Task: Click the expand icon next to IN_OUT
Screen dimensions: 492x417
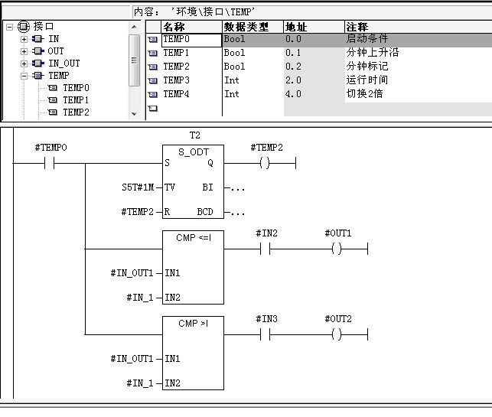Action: coord(24,64)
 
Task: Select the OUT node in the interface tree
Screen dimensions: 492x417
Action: coord(56,51)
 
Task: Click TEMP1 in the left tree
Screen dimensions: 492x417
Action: coord(76,100)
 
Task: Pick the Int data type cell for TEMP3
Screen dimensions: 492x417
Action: coord(232,80)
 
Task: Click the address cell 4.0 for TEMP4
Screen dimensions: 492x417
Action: coord(293,94)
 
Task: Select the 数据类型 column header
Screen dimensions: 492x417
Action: coord(246,27)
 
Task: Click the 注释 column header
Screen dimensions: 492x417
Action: coord(357,27)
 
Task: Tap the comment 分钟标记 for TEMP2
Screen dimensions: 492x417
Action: coord(367,67)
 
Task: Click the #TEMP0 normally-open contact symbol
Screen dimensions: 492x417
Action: coord(49,163)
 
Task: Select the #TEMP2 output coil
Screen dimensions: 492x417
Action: coord(265,163)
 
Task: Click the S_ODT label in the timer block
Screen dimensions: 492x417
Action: coord(194,152)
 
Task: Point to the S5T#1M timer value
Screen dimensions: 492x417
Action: coord(138,187)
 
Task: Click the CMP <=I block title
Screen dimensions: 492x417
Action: coord(194,238)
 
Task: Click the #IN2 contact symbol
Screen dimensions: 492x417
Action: coord(266,249)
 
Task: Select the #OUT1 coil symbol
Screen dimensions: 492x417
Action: coord(337,249)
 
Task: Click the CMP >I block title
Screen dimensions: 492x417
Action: coord(194,324)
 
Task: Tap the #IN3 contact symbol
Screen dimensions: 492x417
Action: coord(266,335)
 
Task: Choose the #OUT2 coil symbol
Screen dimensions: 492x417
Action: coord(337,335)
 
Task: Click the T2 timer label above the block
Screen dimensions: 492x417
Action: coord(195,135)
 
